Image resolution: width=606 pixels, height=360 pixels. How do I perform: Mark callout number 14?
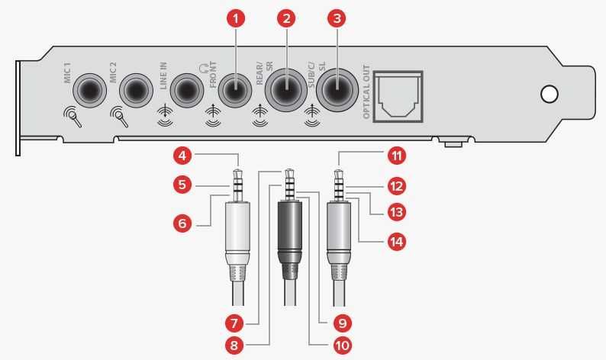(394, 242)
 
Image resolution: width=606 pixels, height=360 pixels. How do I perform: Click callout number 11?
(395, 156)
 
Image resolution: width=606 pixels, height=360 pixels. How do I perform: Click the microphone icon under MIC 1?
(73, 117)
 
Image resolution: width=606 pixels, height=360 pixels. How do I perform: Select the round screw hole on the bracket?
(549, 94)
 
